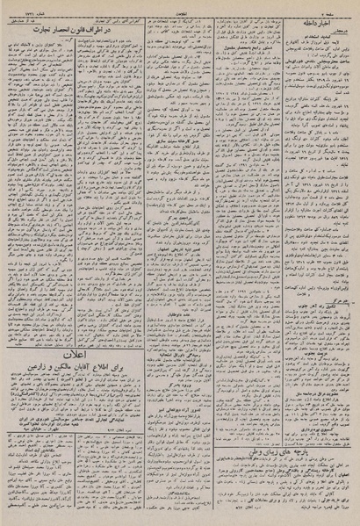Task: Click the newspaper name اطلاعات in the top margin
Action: (179, 7)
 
